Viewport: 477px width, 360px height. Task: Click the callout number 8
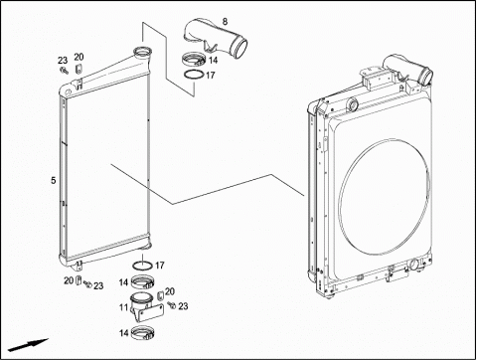[225, 22]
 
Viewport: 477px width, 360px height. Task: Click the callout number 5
[54, 180]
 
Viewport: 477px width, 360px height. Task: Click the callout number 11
[123, 307]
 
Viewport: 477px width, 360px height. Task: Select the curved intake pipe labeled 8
[216, 38]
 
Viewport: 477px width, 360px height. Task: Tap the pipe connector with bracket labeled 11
[146, 306]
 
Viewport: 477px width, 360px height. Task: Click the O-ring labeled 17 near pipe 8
[194, 75]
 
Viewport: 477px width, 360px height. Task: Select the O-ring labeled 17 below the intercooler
[142, 266]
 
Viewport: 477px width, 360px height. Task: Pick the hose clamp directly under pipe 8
[194, 60]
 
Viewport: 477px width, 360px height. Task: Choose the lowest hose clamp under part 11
[143, 333]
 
